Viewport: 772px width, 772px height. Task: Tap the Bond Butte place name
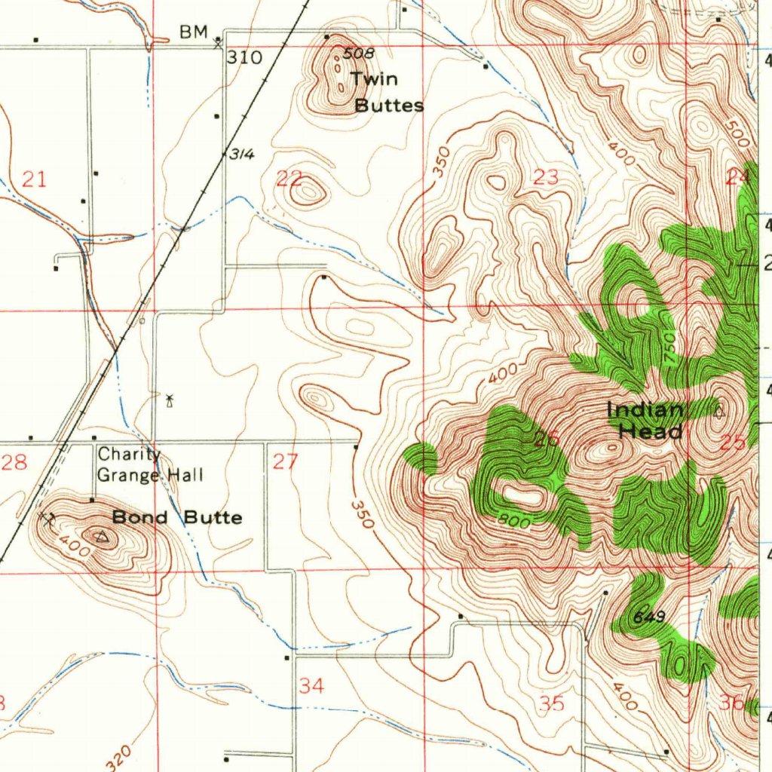pos(177,517)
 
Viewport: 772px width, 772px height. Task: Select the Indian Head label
pos(646,421)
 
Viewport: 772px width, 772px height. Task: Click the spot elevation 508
pos(358,54)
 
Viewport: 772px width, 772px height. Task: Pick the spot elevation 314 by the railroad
pos(241,155)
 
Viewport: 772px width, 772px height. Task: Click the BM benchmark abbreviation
pos(192,32)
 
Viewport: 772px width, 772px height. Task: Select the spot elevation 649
pos(648,617)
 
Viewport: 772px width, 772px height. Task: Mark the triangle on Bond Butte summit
pos(103,536)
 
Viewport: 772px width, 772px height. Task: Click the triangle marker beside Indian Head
pos(719,412)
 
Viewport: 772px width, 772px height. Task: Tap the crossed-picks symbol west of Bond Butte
pos(47,518)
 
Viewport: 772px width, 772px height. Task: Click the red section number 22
pos(289,179)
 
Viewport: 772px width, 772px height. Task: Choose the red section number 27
pos(286,461)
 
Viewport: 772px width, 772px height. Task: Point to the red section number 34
pos(311,686)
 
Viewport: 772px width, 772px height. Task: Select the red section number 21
pos(34,179)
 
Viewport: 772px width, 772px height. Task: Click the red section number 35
pos(553,703)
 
